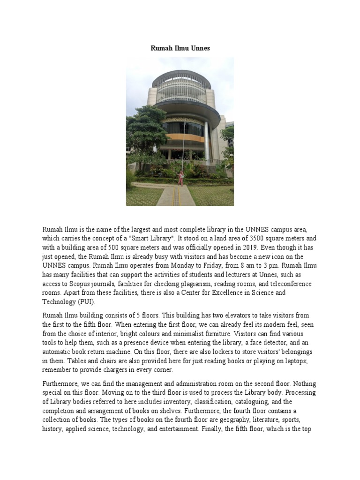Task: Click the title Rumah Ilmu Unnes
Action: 180,48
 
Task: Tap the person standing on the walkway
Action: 180,178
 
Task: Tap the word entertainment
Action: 173,427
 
